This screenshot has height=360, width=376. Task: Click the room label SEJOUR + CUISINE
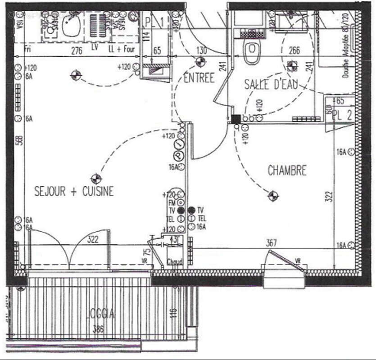pyautogui.click(x=74, y=191)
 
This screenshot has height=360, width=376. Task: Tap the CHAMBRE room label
pyautogui.click(x=287, y=171)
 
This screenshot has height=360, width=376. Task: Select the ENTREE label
pyautogui.click(x=199, y=78)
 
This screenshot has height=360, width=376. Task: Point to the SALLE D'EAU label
pyautogui.click(x=271, y=84)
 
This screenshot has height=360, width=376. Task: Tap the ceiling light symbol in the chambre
pyautogui.click(x=272, y=196)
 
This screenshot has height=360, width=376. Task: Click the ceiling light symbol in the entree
pyautogui.click(x=200, y=62)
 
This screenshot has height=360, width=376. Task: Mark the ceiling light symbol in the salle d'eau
pyautogui.click(x=292, y=66)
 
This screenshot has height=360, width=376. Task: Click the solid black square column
pyautogui.click(x=236, y=119)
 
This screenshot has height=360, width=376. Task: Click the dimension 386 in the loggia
pyautogui.click(x=98, y=329)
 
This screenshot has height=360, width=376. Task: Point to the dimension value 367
pyautogui.click(x=271, y=243)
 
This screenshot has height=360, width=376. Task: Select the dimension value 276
pyautogui.click(x=77, y=51)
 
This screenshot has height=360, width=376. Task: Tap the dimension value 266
pyautogui.click(x=294, y=50)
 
